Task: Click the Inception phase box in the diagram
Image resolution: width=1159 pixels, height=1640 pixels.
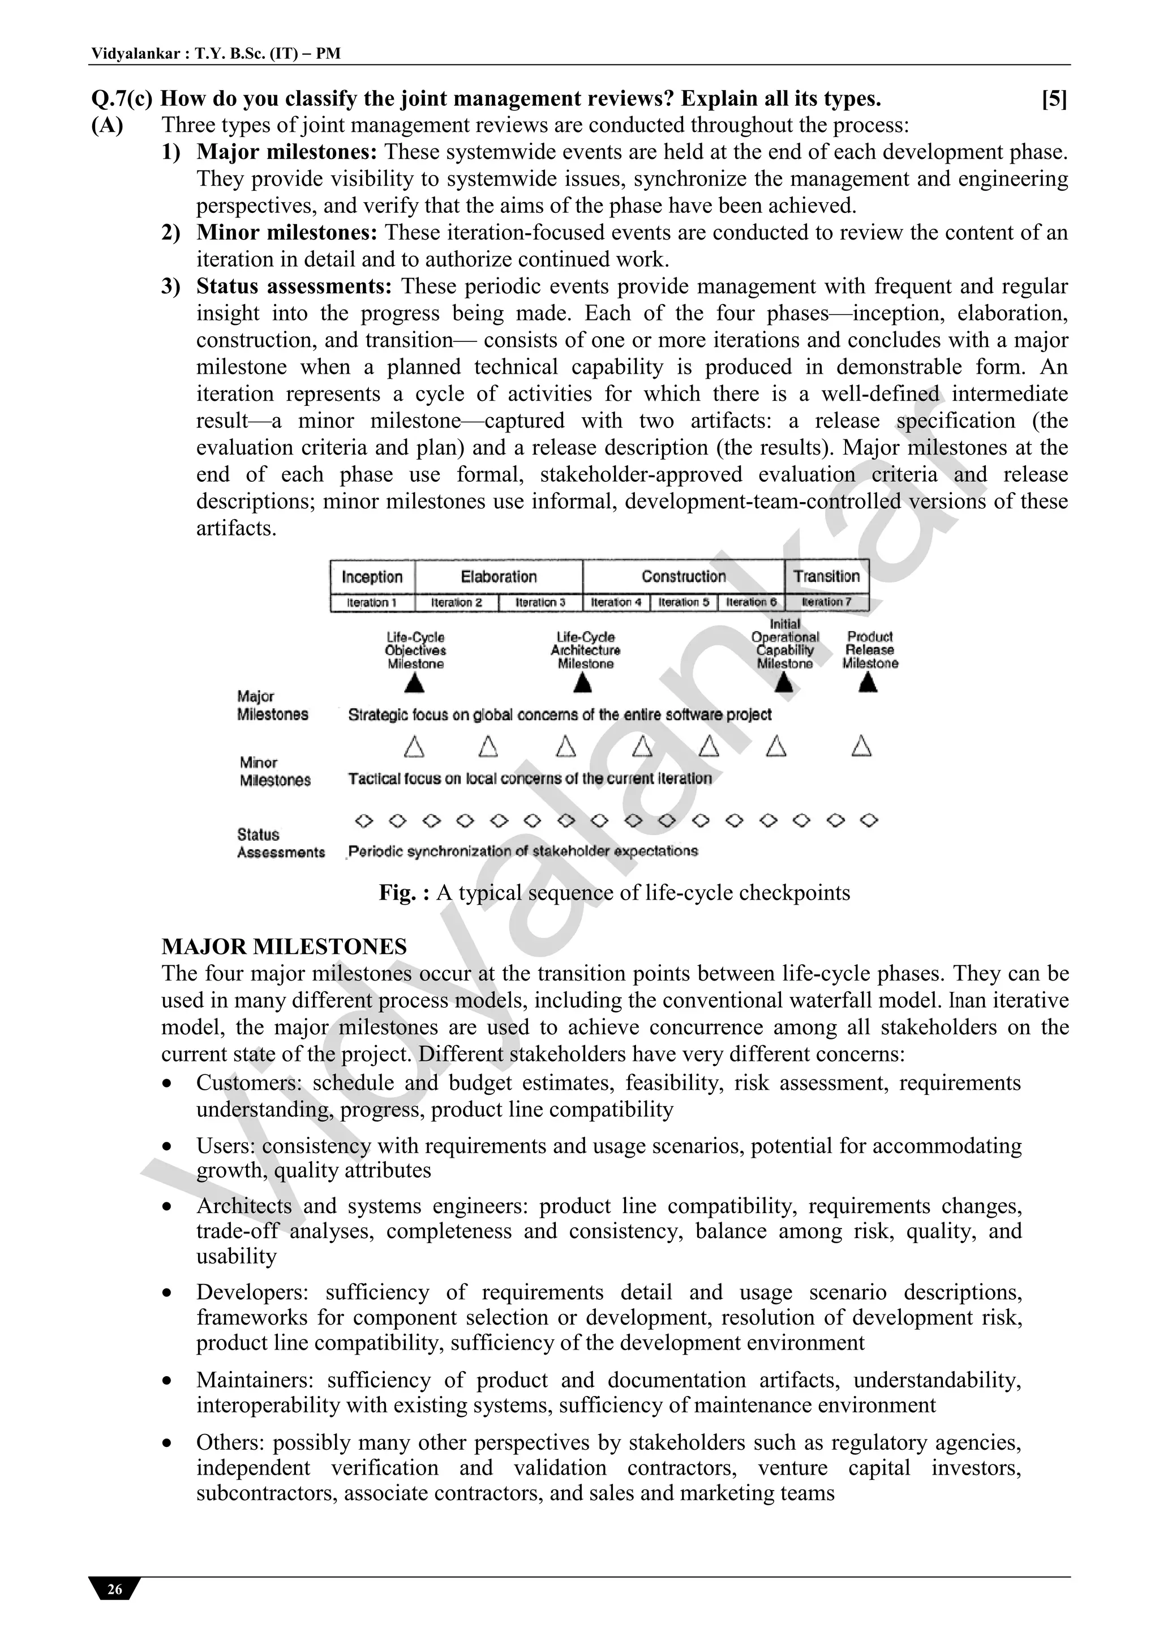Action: (x=372, y=576)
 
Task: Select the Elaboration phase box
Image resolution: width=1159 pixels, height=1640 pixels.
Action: (x=499, y=576)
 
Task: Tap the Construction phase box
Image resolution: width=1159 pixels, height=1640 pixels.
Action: (x=684, y=576)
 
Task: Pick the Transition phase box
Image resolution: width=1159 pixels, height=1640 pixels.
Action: (x=826, y=576)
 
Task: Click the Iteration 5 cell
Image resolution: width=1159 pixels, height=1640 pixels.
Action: (x=684, y=602)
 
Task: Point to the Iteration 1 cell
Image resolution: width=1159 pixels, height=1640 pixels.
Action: (x=372, y=602)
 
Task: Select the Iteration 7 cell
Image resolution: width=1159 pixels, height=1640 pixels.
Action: (x=826, y=602)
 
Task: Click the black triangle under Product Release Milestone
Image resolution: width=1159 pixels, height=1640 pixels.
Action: (x=868, y=684)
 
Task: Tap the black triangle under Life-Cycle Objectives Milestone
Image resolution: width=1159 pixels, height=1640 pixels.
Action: (x=415, y=684)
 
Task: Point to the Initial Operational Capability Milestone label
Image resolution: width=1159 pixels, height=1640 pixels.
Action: (x=785, y=644)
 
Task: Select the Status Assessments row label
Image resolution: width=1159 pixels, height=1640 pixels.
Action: (x=280, y=843)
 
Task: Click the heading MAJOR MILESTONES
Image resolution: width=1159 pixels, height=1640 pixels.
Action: (x=284, y=947)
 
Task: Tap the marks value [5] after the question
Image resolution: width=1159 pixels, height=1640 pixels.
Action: (x=1054, y=99)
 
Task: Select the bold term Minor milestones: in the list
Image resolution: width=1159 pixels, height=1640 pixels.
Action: (x=286, y=232)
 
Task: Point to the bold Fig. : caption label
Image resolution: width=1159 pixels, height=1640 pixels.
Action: (x=404, y=893)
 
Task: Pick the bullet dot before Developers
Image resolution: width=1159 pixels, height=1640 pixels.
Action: (x=167, y=1294)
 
